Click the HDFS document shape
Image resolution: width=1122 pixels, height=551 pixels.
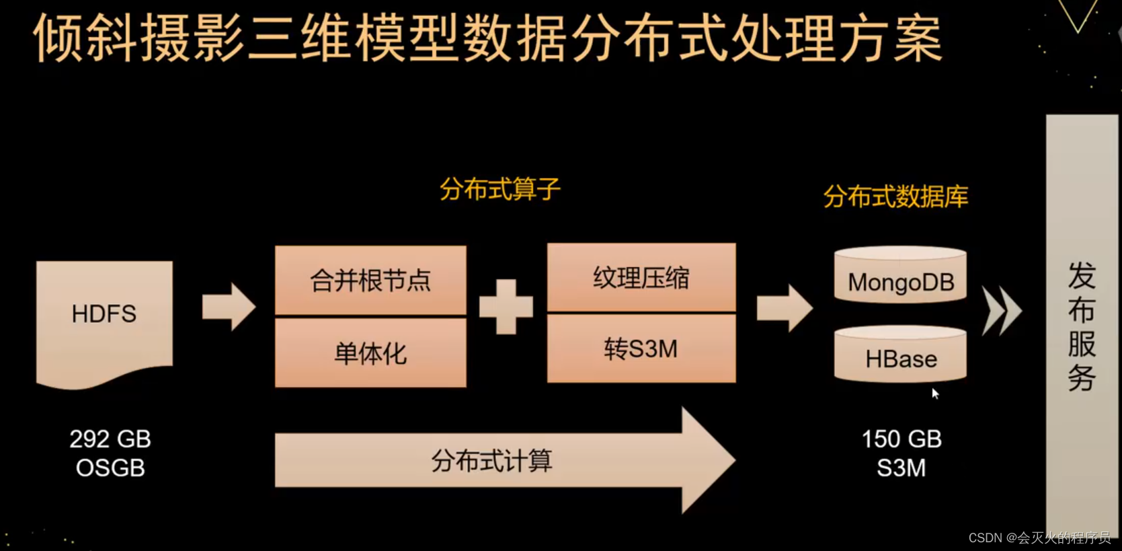pyautogui.click(x=104, y=316)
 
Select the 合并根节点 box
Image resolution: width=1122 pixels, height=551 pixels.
pyautogui.click(x=370, y=280)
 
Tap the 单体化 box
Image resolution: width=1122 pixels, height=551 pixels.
pyautogui.click(x=370, y=353)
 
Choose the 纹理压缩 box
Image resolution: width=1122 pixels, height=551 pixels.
pyautogui.click(x=641, y=278)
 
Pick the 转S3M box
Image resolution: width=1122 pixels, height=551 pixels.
pyautogui.click(x=641, y=349)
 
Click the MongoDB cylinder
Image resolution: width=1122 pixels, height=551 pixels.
pyautogui.click(x=900, y=276)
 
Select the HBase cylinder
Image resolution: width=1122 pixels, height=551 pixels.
pyautogui.click(x=900, y=355)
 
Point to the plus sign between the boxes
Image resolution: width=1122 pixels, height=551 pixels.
pyautogui.click(x=506, y=307)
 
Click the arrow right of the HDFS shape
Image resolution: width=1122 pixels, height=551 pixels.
pyautogui.click(x=229, y=307)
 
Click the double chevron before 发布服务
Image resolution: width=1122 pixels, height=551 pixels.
pyautogui.click(x=1001, y=310)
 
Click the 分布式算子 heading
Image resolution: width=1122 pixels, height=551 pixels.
pyautogui.click(x=499, y=189)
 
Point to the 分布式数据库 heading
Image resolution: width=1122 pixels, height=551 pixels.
pyautogui.click(x=895, y=196)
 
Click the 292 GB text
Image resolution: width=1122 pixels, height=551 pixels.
pyautogui.click(x=110, y=439)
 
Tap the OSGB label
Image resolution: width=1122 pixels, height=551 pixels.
pyautogui.click(x=110, y=468)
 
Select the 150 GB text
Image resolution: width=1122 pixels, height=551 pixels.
pyautogui.click(x=901, y=439)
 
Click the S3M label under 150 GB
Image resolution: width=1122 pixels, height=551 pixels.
pyautogui.click(x=901, y=468)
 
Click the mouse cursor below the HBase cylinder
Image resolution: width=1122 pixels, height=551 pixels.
pyautogui.click(x=934, y=394)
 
